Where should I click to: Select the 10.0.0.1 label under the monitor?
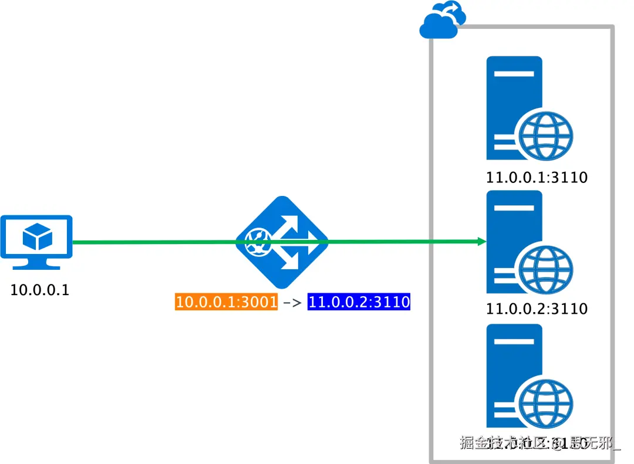(x=40, y=289)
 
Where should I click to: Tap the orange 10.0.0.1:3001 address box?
(x=227, y=303)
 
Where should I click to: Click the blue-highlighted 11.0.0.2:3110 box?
(x=359, y=303)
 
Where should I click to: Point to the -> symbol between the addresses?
(x=292, y=303)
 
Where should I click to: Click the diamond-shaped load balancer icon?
(x=282, y=242)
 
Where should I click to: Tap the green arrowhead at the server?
(x=482, y=241)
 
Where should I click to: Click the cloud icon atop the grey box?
(x=442, y=21)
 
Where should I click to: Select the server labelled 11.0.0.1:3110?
(x=514, y=108)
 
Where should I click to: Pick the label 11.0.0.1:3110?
(x=537, y=177)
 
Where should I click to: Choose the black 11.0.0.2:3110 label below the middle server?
(x=537, y=309)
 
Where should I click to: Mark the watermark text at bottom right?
(x=540, y=443)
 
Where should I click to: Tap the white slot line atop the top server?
(x=514, y=74)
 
